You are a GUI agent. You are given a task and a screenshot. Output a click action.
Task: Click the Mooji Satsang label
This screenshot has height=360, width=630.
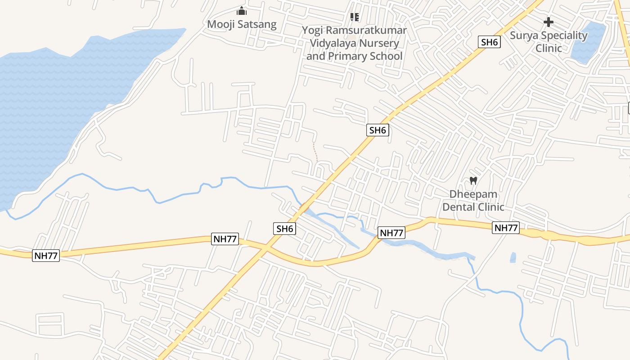pos(242,24)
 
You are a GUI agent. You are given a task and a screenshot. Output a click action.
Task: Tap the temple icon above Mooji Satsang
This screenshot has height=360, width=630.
pos(242,11)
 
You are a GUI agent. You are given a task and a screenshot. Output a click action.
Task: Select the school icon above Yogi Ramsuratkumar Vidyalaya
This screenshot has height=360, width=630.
pos(355,17)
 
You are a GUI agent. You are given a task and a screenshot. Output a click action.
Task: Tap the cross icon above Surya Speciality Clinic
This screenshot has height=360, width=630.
pos(548,22)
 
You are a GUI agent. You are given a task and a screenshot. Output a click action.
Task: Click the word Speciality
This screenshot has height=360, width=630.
pos(565,36)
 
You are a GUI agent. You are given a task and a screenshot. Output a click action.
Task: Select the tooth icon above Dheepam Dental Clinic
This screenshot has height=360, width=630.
pos(473,181)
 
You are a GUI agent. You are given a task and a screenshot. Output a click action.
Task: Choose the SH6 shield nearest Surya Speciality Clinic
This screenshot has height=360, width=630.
pos(490,42)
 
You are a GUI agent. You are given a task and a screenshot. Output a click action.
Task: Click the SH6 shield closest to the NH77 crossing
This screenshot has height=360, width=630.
pos(284,229)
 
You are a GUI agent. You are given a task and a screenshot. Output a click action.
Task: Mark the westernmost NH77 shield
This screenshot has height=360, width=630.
pos(46,256)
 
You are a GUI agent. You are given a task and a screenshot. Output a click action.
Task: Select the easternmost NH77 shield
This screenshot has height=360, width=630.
pos(506,228)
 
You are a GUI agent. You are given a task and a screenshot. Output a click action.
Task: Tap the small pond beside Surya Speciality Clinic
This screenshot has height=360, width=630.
pos(588,42)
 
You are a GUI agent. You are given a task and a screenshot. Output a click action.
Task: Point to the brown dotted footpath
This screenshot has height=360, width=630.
pos(315,152)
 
